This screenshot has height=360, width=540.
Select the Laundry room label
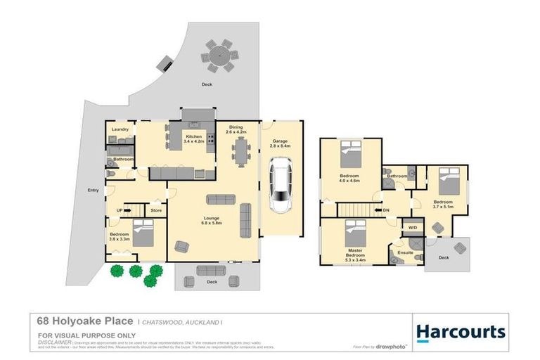(120, 129)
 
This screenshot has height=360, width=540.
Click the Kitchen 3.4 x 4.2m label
(193, 139)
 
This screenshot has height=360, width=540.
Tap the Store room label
(156, 210)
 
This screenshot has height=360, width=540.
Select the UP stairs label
(120, 210)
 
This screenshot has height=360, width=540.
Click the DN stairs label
(386, 210)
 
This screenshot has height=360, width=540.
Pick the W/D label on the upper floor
(412, 227)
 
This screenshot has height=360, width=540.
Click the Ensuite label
(406, 252)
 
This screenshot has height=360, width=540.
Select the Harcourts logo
(460, 332)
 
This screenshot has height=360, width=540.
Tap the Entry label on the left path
(93, 190)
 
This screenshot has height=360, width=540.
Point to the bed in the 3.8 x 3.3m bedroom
(143, 233)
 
